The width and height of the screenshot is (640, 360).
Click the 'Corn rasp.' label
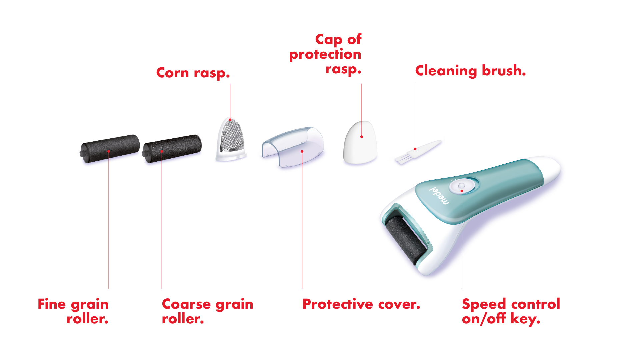click(193, 73)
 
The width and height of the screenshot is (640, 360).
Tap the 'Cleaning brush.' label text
click(470, 71)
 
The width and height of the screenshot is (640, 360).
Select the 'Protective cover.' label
click(361, 304)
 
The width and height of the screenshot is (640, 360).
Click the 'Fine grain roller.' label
click(73, 311)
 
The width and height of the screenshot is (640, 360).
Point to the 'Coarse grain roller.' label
click(207, 311)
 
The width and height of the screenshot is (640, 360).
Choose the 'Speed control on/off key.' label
click(511, 311)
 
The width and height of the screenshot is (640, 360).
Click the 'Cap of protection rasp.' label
click(325, 54)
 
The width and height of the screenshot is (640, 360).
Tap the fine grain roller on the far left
click(110, 149)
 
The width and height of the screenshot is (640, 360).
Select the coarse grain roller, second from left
click(172, 149)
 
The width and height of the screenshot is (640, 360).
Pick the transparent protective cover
click(293, 147)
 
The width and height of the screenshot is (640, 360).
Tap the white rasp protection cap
click(360, 142)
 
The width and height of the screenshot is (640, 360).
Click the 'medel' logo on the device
click(439, 196)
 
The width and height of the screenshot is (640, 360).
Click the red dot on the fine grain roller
click(109, 151)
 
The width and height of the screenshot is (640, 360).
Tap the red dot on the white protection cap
click(362, 137)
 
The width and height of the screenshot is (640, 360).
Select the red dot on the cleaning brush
click(415, 149)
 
